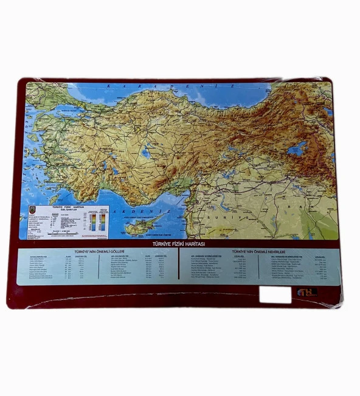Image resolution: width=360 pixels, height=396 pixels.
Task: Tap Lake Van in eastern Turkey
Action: pos(297,148)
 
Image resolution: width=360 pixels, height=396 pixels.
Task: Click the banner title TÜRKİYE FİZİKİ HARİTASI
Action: pos(179,244)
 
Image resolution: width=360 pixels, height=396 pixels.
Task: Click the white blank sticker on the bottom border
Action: pos(275,294)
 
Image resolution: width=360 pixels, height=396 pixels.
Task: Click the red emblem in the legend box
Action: pos(33,209)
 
